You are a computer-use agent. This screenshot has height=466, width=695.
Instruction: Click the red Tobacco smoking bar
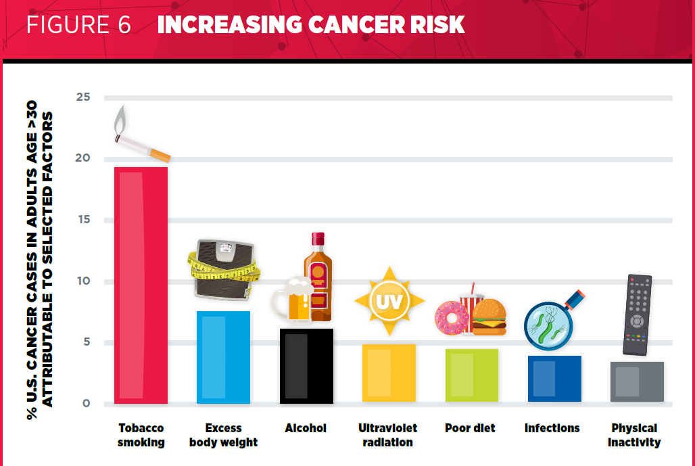pos(141,285)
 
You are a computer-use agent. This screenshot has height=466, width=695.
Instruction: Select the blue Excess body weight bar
pos(223,357)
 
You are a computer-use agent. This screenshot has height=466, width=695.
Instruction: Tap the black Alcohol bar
pos(306,366)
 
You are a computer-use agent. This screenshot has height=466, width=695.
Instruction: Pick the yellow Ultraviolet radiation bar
pos(389,373)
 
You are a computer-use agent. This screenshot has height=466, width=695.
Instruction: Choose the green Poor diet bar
pos(472,375)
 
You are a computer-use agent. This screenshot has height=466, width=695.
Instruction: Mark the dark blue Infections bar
pos(554,379)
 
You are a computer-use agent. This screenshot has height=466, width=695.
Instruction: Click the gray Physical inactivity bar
pos(637,381)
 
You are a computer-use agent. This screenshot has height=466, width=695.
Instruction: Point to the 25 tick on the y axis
pos(83,97)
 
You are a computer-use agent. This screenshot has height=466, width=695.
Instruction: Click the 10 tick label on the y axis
pos(83,281)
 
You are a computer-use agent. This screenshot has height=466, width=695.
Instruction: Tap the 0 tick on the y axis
pos(87,404)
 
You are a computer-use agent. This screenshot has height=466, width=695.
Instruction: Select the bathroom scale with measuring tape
pos(223,270)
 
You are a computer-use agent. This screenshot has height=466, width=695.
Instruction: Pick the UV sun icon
pos(389,302)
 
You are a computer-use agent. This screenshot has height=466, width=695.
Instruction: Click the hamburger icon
pos(489,317)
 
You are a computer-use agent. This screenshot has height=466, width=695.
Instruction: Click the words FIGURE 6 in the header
pos(78,24)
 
